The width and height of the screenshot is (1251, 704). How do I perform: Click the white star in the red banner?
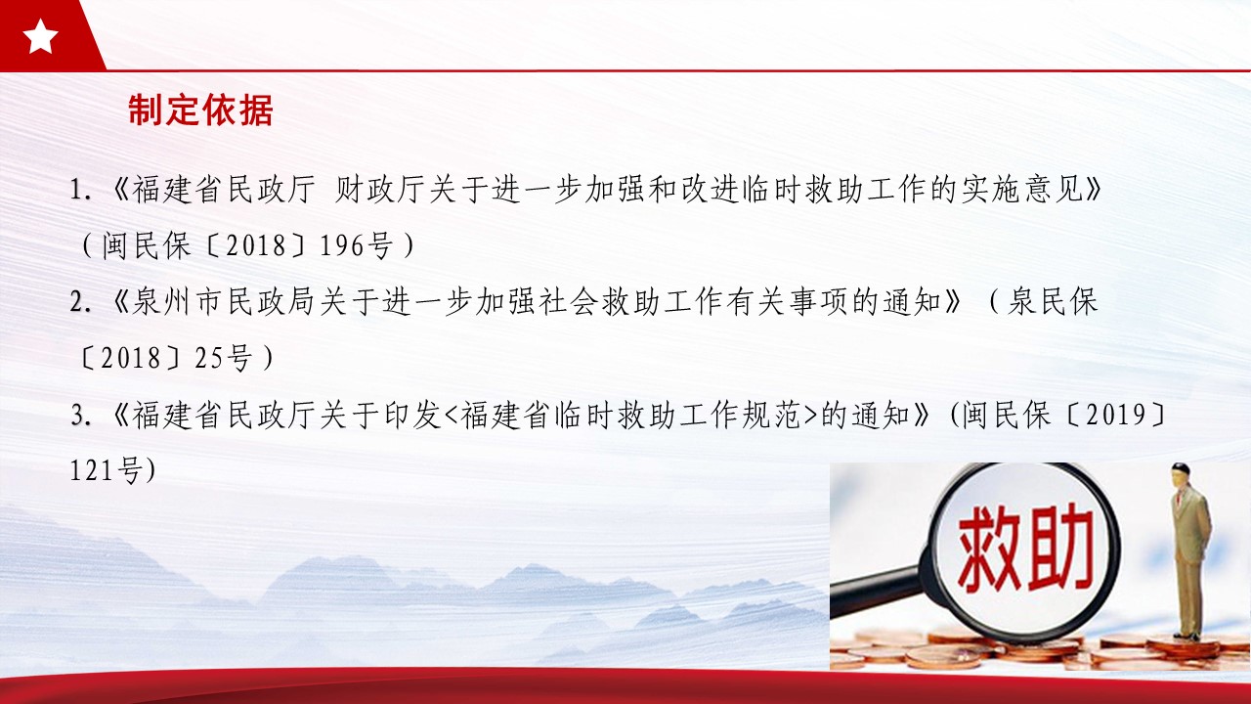[x=40, y=36]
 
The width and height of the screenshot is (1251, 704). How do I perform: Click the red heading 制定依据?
[x=200, y=110]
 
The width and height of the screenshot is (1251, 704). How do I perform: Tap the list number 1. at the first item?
[x=81, y=190]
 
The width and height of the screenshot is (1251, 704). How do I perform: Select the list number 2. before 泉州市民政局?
[x=81, y=302]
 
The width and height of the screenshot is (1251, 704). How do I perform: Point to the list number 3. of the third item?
[x=81, y=416]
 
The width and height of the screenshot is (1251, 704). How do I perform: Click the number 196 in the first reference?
[x=342, y=245]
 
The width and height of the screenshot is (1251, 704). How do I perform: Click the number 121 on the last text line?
[x=92, y=470]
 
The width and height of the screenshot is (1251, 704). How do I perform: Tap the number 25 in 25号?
[x=209, y=358]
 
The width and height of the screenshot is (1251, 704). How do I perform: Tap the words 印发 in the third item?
[x=412, y=416]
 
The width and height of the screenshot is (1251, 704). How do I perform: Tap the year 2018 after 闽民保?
[x=256, y=245]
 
